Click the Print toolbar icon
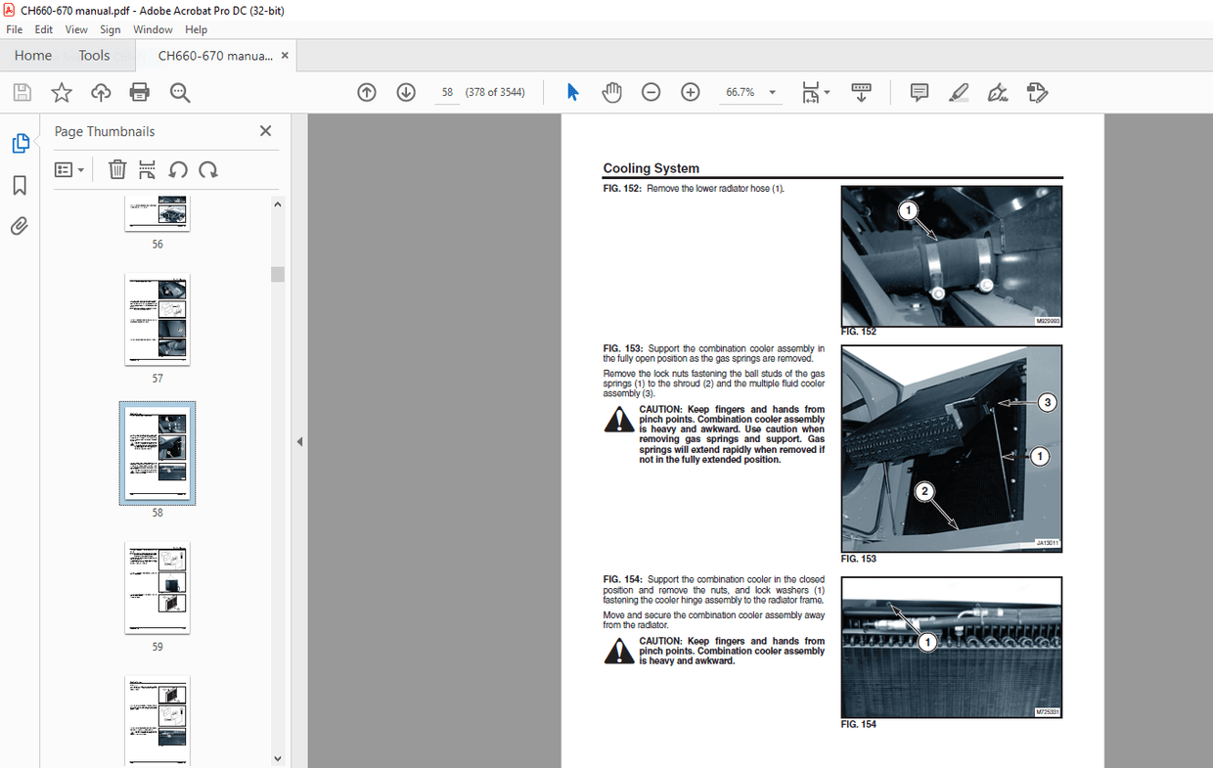[140, 93]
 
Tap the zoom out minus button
[651, 93]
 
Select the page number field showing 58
[447, 93]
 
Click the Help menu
[196, 29]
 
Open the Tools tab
[94, 56]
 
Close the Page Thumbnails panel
[265, 131]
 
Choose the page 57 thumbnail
[157, 319]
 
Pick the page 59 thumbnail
[157, 588]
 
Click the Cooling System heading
[651, 168]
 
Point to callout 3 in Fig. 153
[1047, 402]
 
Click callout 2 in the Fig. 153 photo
[924, 491]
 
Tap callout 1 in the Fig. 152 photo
[908, 210]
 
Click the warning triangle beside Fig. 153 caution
[618, 420]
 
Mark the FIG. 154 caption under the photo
[858, 725]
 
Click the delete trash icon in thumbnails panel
[117, 169]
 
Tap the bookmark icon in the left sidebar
[20, 186]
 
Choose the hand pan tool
[611, 93]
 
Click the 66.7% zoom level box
[741, 93]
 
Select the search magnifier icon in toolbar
[180, 93]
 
